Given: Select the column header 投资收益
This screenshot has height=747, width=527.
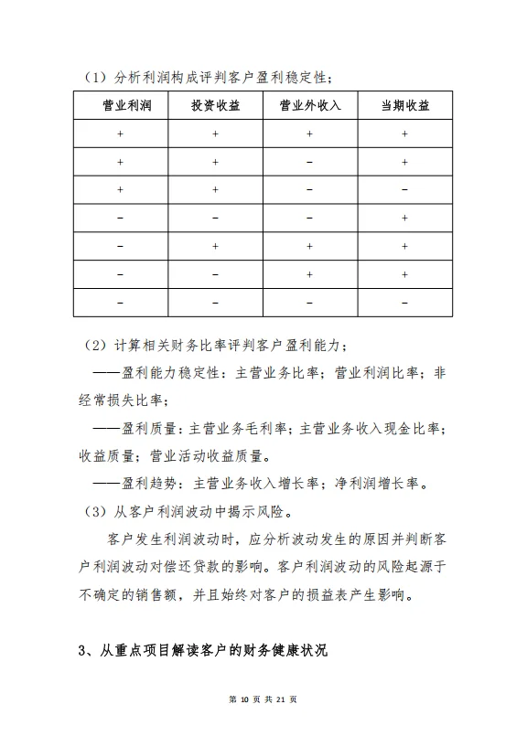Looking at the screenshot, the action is [215, 106].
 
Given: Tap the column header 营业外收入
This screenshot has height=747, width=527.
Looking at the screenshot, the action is [309, 106].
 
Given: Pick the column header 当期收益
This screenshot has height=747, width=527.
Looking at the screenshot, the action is [404, 106].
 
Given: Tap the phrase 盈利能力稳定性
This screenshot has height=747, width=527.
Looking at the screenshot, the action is [173, 373].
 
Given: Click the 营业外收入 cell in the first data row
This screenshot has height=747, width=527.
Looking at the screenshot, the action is [309, 134].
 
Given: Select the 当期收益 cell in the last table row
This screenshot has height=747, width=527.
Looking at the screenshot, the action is [404, 302].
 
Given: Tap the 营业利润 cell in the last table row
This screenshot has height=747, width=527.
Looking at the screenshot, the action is [120, 302].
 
